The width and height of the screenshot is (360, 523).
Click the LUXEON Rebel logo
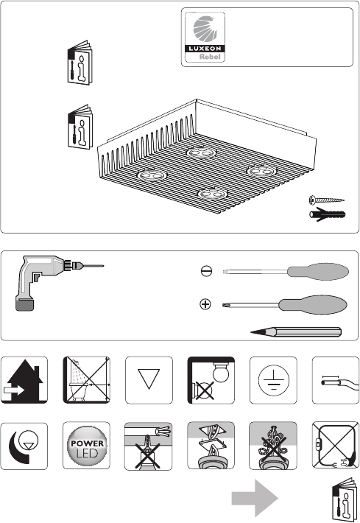[x=205, y=37]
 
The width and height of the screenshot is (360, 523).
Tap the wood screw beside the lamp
[x=327, y=200]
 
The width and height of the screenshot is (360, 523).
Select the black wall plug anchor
[x=328, y=214]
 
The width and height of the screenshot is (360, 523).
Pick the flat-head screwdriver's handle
[x=318, y=271]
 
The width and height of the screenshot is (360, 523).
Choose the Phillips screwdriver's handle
[x=313, y=304]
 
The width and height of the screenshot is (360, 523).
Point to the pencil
[x=296, y=332]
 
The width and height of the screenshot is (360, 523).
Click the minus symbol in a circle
[x=206, y=270]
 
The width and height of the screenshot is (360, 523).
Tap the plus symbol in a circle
[x=205, y=304]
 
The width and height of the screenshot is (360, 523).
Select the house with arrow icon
[x=24, y=380]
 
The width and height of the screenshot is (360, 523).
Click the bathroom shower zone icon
[x=87, y=380]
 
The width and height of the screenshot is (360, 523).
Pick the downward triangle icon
[x=149, y=380]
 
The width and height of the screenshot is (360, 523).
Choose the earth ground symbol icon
[x=273, y=380]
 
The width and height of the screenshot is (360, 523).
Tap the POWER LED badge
[x=87, y=446]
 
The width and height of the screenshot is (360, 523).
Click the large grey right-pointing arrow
[x=255, y=498]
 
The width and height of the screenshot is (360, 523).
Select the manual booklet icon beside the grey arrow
[x=344, y=499]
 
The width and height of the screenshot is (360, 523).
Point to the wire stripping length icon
[x=336, y=380]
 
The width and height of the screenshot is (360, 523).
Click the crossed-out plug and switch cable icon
[x=336, y=446]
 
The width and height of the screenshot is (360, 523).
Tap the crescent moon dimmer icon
[x=24, y=446]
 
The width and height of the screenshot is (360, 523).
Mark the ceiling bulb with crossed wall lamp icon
[x=211, y=380]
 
